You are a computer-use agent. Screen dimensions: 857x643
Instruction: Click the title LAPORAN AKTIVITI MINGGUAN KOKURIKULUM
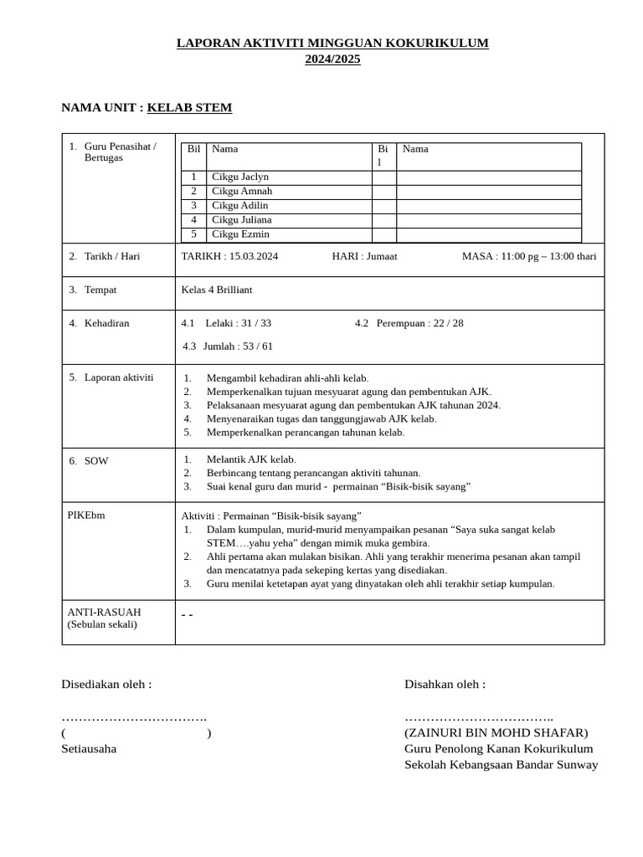point(332,43)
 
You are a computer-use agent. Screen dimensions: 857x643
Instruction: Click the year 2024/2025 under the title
point(332,59)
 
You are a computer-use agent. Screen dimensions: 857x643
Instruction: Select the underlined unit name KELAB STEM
point(189,108)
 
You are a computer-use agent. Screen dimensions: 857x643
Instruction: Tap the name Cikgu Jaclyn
point(240,177)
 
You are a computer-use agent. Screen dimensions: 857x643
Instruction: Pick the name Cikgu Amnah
point(242,192)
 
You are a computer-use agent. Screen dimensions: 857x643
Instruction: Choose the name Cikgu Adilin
point(240,206)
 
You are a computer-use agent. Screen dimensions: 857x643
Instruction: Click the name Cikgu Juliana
point(242,220)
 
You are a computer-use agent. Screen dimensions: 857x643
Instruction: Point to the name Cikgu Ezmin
point(240,234)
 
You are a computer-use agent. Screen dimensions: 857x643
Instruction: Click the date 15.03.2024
point(254,257)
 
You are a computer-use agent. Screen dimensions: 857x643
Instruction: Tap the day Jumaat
point(382,257)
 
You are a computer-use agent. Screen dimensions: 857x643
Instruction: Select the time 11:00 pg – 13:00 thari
point(548,257)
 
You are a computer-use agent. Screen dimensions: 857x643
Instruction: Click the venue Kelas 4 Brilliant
point(217,290)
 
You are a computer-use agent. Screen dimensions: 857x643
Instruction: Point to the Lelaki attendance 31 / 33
point(255,324)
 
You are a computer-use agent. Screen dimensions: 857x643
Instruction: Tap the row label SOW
point(96,461)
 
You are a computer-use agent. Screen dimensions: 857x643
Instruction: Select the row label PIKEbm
point(86,516)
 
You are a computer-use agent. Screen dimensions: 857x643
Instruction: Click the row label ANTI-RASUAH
point(105,613)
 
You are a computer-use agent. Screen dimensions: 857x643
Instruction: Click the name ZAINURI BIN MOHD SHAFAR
point(496,733)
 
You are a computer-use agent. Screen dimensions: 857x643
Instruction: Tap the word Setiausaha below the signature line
point(89,749)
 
